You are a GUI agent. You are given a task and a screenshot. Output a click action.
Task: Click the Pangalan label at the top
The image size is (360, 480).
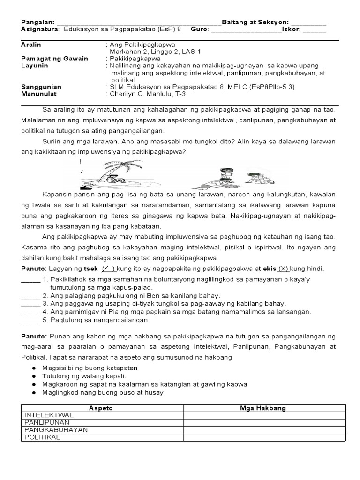pos(37,22)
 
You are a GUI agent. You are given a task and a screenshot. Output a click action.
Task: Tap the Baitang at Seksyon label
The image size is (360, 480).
pos(255,22)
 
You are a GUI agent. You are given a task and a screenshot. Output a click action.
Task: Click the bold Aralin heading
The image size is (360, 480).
pos(31,45)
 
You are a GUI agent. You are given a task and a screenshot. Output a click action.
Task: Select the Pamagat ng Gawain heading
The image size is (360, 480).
pos(54,59)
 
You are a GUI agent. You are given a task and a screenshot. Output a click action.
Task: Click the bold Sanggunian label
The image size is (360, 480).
pos(41,87)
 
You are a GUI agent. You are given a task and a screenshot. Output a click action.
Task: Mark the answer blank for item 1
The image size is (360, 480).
pos(31,280)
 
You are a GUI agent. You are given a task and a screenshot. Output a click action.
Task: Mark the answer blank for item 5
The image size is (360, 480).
pos(31,320)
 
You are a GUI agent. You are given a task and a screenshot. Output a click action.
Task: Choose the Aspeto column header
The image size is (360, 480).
pos(101,408)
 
